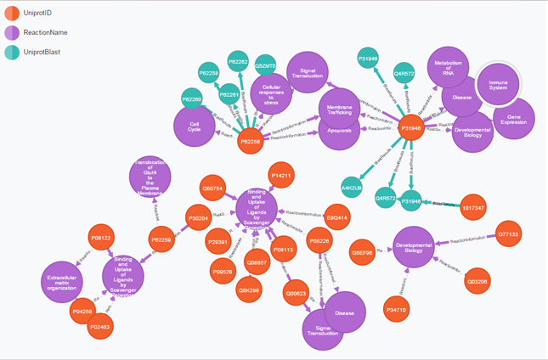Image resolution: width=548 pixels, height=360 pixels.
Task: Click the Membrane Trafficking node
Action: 339,110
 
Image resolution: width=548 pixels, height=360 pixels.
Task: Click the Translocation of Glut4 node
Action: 150,177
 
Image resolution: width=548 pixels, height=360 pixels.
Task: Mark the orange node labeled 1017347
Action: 473,207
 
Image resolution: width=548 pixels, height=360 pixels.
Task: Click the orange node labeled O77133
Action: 508,233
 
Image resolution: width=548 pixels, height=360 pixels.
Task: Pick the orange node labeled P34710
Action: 396,311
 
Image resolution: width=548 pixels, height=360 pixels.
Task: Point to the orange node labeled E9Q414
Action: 337,217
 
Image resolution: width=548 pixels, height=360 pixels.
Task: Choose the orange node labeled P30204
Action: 198,218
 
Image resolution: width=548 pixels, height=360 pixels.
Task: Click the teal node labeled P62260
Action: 193,99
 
